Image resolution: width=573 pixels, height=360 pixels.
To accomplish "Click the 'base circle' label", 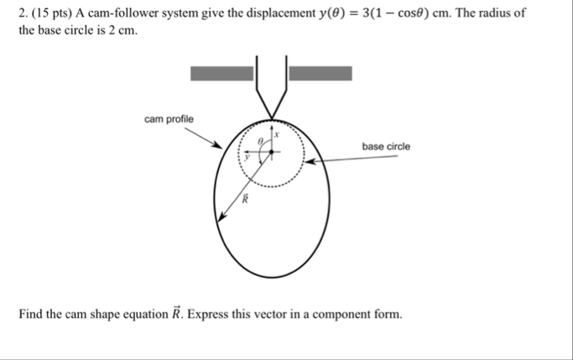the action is [386, 147].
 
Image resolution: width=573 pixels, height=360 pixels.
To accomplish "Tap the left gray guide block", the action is [221, 73].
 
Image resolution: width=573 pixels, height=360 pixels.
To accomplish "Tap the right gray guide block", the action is [320, 73].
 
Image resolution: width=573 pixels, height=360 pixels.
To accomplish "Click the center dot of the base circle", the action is [270, 152].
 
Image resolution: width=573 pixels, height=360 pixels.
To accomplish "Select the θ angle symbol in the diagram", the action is [261, 142].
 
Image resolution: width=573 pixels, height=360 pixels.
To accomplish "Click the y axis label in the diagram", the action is [247, 155].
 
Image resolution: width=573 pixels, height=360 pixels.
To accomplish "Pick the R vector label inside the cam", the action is [245, 199].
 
